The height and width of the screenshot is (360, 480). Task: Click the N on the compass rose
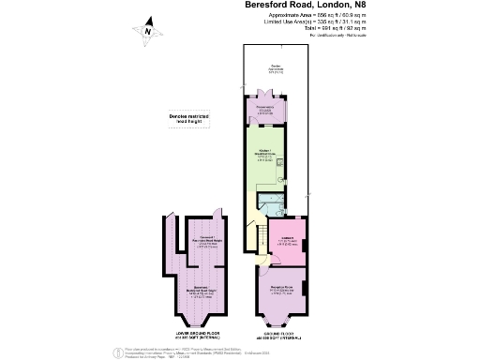147,30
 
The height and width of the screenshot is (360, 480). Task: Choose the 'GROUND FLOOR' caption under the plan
277,335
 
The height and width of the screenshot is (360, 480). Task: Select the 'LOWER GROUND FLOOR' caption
201,335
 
